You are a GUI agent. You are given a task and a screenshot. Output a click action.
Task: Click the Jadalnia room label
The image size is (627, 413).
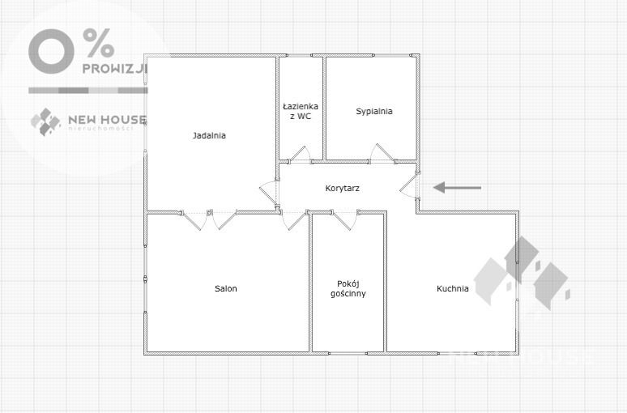coord(209,135)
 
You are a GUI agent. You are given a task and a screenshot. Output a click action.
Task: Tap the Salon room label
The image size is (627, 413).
coord(225,288)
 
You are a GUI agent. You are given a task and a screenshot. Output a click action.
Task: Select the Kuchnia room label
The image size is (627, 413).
coord(452,288)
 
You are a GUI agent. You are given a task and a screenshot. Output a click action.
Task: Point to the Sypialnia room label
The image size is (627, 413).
coord(374,112)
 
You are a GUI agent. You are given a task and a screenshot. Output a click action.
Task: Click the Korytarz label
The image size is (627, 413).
coord(343,189)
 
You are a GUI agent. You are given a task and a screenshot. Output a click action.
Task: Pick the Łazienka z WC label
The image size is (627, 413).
coord(301,112)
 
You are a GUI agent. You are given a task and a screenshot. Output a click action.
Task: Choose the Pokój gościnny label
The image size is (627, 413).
coord(348,288)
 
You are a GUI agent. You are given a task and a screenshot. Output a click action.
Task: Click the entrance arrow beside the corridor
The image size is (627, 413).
coord(457,187)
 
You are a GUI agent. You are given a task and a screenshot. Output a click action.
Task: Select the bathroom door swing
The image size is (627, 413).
coord(299,153)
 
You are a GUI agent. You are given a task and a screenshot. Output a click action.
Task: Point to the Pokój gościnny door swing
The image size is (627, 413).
coord(344,221)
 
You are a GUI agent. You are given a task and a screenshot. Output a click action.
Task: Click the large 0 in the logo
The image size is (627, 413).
coord(51,51)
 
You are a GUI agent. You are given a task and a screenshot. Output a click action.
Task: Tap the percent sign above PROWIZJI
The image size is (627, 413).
coord(99,43)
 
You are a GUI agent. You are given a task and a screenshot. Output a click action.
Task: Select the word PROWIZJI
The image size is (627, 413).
coord(115,69)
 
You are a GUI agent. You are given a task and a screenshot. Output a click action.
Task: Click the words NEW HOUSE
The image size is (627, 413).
coord(107,119)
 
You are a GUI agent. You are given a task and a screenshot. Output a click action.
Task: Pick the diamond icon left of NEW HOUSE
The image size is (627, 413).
coord(45,121)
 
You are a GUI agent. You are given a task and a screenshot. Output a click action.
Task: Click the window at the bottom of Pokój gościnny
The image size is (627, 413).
coord(348,353)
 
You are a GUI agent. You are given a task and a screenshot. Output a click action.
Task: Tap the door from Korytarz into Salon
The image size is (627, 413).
coord(294,220)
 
